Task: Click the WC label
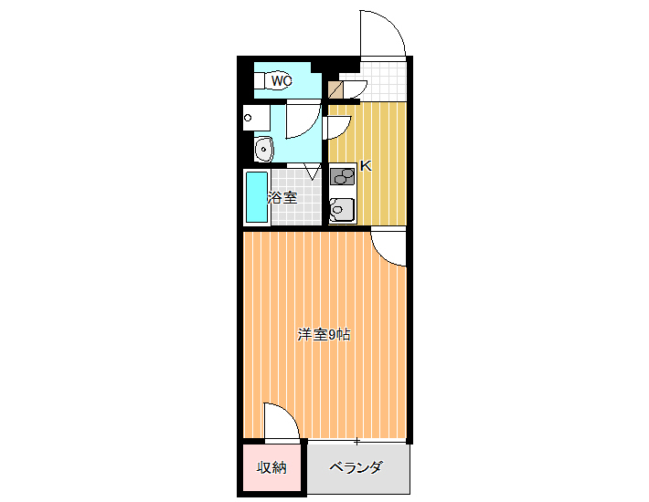[x=282, y=80]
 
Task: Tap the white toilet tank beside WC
[x=259, y=80]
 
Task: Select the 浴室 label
[x=282, y=197]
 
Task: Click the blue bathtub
[x=257, y=197]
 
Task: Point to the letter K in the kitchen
[x=366, y=166]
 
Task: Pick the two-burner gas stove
[x=342, y=177]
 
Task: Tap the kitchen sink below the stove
[x=342, y=210]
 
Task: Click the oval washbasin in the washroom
[x=263, y=149]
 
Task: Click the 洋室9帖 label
[x=324, y=335]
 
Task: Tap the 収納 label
[x=271, y=467]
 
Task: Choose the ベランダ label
[x=356, y=467]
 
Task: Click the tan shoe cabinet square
[x=335, y=89]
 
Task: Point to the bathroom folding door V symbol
[x=313, y=172]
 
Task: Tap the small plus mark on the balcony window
[x=356, y=441]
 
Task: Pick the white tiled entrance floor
[x=383, y=81]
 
